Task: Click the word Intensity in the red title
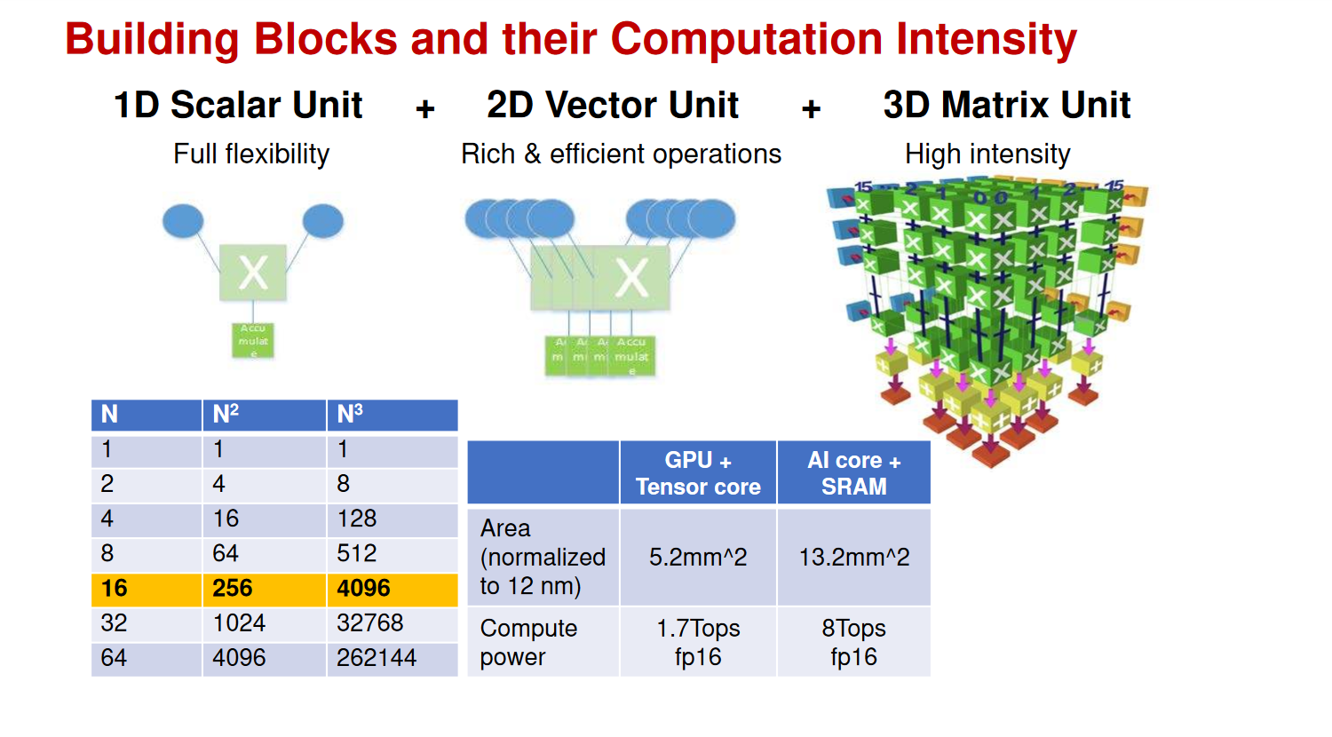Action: (987, 40)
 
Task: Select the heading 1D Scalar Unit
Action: (238, 105)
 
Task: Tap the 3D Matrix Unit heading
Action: (1006, 105)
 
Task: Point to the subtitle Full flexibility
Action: (251, 154)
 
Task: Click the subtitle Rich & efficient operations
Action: (621, 154)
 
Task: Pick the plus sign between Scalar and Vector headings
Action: (425, 108)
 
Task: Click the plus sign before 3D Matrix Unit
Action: (811, 108)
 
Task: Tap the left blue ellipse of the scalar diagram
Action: (183, 221)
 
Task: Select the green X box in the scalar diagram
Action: (253, 273)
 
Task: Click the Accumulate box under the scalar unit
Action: (253, 340)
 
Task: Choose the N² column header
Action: (264, 415)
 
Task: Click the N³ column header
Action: (392, 415)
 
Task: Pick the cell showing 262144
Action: (392, 658)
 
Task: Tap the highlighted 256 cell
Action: (264, 588)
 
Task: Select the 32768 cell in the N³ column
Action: (392, 622)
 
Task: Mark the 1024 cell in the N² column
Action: (264, 622)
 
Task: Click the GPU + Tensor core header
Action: (698, 473)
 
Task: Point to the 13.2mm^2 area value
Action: (853, 557)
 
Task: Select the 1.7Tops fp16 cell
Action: (698, 642)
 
